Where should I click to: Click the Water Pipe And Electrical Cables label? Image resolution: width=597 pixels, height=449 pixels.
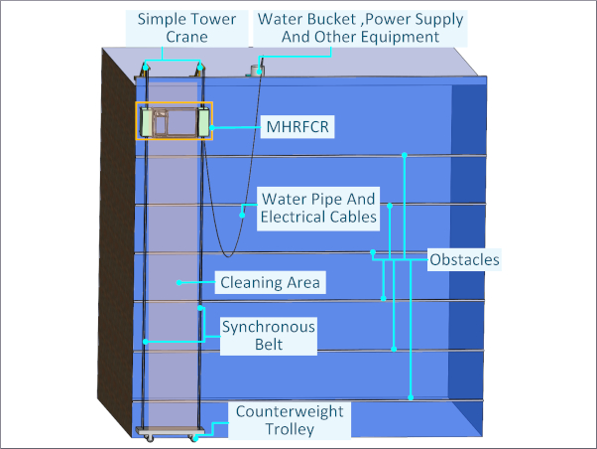[317, 207]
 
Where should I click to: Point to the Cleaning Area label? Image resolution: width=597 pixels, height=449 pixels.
[270, 283]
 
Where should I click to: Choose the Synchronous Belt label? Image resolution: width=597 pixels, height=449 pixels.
[268, 336]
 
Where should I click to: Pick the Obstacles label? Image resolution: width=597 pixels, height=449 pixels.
[464, 260]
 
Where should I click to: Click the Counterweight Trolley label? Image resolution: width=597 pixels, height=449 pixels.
[290, 420]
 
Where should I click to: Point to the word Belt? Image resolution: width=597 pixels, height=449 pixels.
[268, 345]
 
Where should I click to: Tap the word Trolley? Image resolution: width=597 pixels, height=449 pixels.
[290, 429]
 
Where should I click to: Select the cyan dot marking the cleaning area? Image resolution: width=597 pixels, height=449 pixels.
[179, 283]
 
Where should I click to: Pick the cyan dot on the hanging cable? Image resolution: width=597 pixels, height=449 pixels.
[242, 212]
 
